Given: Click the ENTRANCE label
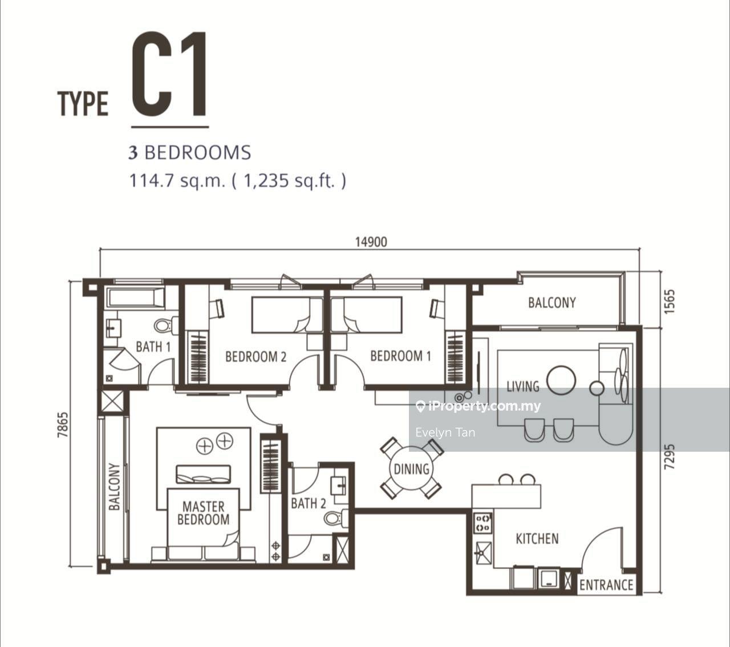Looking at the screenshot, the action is click(x=606, y=585).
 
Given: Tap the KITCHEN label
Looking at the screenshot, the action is click(x=537, y=539).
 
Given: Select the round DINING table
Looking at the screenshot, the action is click(x=412, y=468).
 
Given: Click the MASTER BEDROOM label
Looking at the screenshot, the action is click(x=203, y=513).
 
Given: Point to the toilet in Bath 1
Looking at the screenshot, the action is click(x=166, y=325).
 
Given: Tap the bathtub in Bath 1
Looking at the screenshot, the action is click(x=136, y=298).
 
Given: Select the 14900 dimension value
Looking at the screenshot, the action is click(x=371, y=242).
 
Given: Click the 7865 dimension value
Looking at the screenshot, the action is click(x=62, y=425).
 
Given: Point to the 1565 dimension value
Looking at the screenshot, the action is click(x=669, y=302).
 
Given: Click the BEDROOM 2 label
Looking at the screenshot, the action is click(x=255, y=356).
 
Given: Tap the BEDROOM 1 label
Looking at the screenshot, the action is click(x=400, y=356).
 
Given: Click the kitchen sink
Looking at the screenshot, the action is click(x=483, y=553).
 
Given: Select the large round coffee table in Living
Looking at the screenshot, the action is click(x=561, y=380).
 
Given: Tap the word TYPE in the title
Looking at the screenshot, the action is click(x=83, y=103).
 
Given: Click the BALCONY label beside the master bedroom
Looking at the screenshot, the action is click(x=114, y=487).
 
